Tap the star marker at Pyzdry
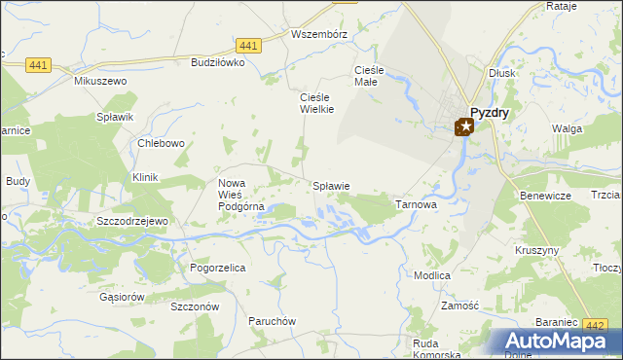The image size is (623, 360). pyautogui.click(x=465, y=126)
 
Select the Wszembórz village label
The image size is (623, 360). pyautogui.click(x=319, y=33)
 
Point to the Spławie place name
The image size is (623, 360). pyautogui.click(x=331, y=185)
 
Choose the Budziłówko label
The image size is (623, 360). pyautogui.click(x=218, y=61)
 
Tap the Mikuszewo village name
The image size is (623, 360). pyautogui.click(x=101, y=81)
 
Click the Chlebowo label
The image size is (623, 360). pyautogui.click(x=162, y=143)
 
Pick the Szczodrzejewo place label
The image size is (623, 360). pyautogui.click(x=133, y=221)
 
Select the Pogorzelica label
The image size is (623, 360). pyautogui.click(x=217, y=267)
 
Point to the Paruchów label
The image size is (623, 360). pyautogui.click(x=272, y=321)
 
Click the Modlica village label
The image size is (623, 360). pyautogui.click(x=431, y=275)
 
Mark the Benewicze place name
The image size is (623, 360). pyautogui.click(x=546, y=196)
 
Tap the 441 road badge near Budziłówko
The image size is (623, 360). pyautogui.click(x=248, y=46)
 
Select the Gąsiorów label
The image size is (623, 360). pyautogui.click(x=123, y=297)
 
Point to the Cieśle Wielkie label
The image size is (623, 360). pyautogui.click(x=316, y=103)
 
